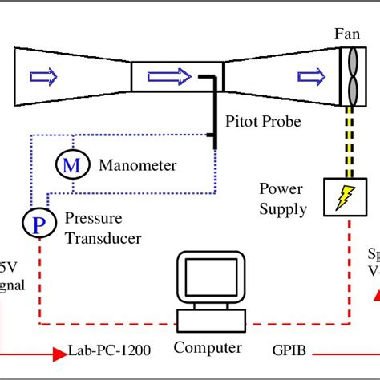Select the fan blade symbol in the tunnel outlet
click(350, 76)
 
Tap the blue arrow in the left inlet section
click(44, 76)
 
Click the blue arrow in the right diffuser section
click(310, 76)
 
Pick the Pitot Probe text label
click(264, 122)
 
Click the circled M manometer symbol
click(71, 165)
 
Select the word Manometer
click(137, 165)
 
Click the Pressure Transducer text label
click(102, 227)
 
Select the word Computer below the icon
click(207, 347)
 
